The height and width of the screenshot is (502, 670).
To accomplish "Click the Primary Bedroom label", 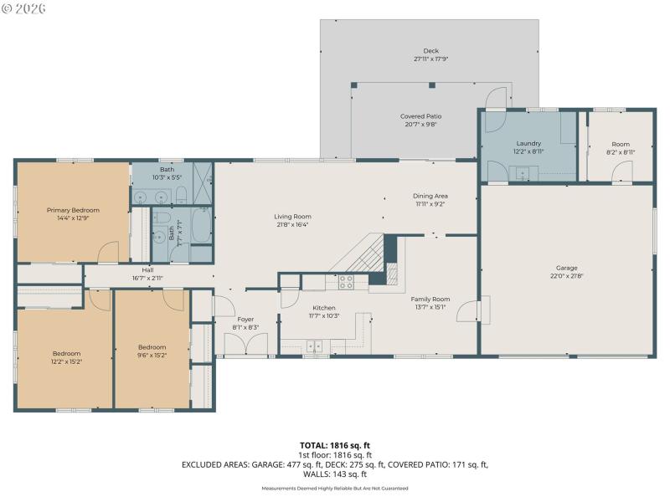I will pos(73,210).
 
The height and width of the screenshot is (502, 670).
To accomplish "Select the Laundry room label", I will pos(528,143).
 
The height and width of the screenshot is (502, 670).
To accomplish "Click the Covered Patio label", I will pos(420,116).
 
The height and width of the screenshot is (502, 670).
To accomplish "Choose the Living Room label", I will pos(293,217).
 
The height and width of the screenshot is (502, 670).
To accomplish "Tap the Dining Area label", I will pos(429,196).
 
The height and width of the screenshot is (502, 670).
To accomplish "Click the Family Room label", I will pos(430,299).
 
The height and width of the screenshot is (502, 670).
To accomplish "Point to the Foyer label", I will pos(245,319).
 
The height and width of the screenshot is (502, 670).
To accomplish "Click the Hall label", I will pos(147,269).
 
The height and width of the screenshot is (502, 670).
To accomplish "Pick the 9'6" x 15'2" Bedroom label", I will pos(152,347).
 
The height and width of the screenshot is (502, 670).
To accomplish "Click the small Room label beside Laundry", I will pos(620,144).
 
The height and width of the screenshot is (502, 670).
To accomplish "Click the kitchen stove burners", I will pos(346,282).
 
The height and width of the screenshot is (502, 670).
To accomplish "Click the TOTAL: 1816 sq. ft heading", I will pos(334,445).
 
